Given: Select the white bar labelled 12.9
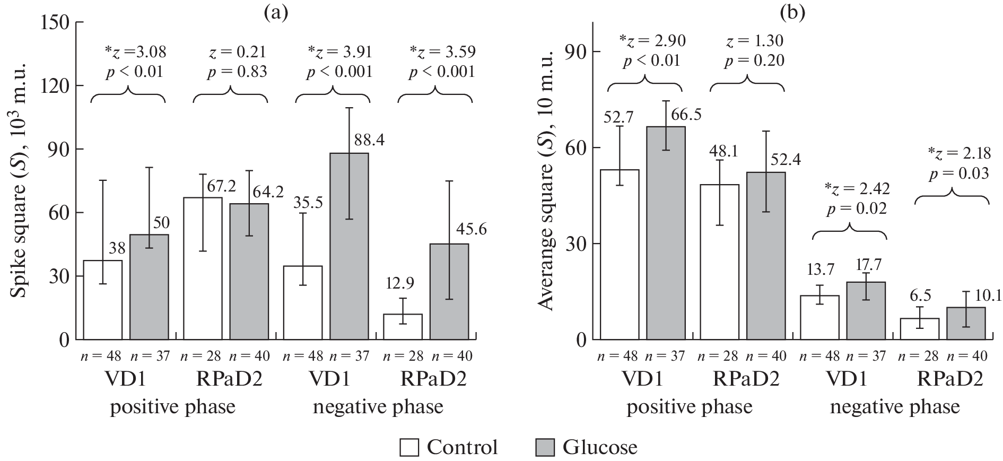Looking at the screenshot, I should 403,327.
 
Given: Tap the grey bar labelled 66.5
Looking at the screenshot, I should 666,233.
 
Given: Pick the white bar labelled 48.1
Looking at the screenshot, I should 719,262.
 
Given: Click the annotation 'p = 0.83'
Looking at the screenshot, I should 237,72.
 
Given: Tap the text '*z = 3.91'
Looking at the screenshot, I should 340,52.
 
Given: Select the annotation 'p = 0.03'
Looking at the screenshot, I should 958,173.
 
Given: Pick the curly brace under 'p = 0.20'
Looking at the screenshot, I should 747,84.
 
